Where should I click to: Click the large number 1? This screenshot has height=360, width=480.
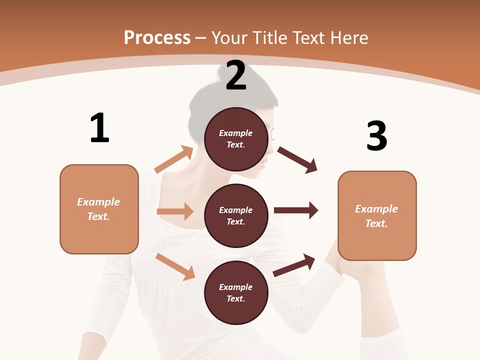99,128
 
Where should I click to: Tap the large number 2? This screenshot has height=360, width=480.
236,75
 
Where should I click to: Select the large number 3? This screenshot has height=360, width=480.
377,136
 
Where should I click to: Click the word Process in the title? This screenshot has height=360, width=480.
157,37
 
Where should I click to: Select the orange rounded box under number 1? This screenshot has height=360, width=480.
99,209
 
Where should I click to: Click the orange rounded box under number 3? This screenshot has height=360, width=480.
377,216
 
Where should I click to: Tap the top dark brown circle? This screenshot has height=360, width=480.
236,139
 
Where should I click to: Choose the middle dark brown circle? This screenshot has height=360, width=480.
236,215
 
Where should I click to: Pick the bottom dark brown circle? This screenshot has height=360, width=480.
236,292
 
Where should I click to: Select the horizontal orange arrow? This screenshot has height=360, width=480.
175,211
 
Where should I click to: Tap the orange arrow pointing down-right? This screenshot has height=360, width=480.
175,266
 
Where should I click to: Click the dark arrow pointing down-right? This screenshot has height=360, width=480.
297,159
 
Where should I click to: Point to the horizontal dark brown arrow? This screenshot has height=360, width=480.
296,210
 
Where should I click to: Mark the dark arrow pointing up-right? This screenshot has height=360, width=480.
294,265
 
